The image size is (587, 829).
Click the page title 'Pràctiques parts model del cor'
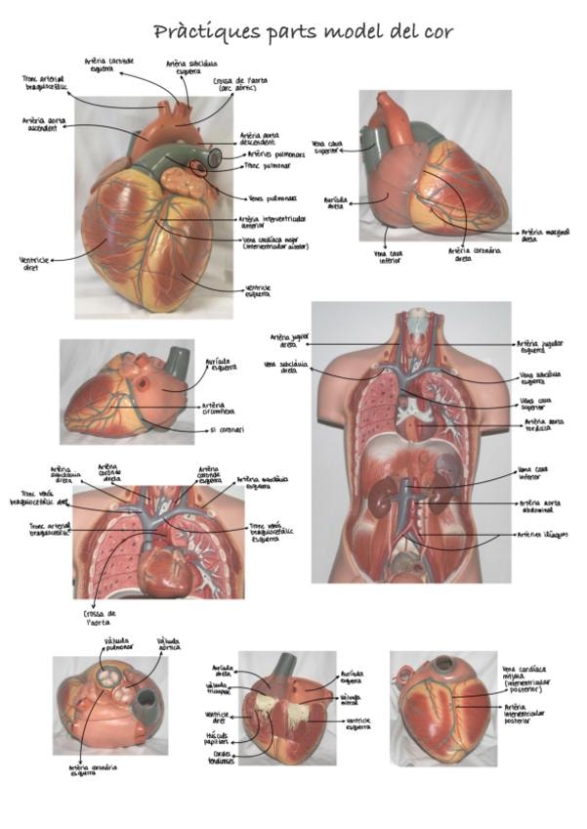[x=303, y=31]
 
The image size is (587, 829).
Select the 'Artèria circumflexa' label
[x=220, y=409]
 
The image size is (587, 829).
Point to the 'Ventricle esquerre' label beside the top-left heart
[x=258, y=290]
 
